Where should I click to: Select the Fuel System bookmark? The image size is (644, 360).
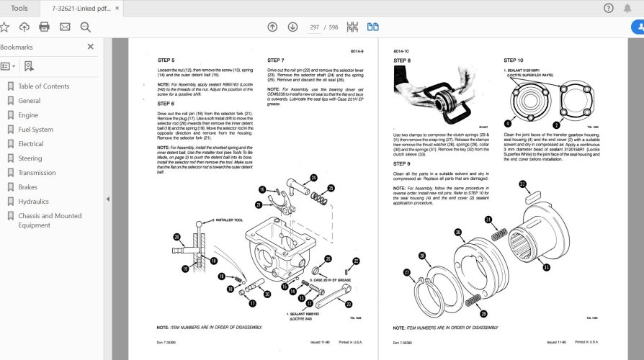click(x=35, y=130)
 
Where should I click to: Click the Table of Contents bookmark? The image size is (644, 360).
click(x=43, y=86)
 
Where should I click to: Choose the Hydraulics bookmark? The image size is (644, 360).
click(x=33, y=202)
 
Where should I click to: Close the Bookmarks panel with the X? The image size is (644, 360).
click(x=90, y=47)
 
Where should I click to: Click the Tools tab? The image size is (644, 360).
click(x=19, y=9)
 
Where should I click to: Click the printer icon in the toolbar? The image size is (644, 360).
click(x=44, y=27)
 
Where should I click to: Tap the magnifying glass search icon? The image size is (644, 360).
click(x=85, y=27)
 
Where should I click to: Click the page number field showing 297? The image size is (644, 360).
click(x=314, y=27)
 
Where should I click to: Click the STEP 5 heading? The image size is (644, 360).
click(x=167, y=60)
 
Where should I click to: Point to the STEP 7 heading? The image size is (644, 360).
click(x=277, y=60)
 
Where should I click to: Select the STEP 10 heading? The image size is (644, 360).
click(x=514, y=60)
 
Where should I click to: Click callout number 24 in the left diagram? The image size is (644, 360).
click(x=313, y=177)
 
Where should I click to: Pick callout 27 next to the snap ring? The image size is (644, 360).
click(x=406, y=272)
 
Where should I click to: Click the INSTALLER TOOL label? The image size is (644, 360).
click(x=228, y=220)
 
